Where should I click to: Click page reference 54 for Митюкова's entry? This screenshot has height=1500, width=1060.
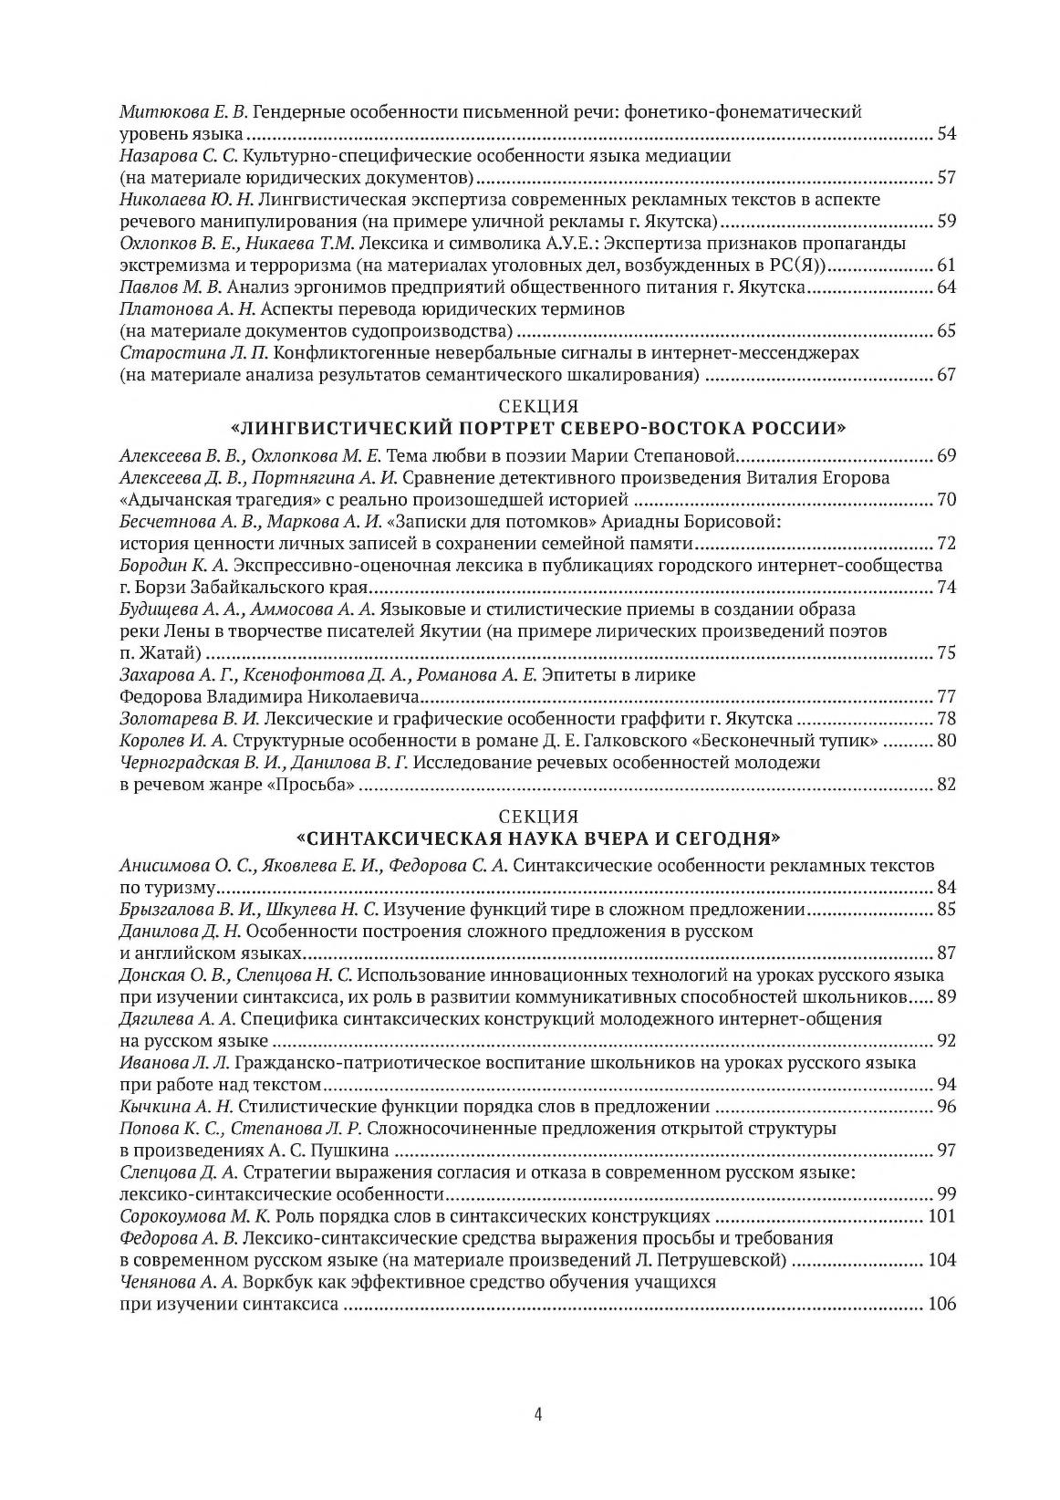click(x=946, y=135)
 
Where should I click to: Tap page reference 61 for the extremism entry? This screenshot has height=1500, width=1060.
click(x=946, y=266)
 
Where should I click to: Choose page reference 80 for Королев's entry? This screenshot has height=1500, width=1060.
click(x=946, y=740)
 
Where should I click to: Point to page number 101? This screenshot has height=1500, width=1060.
click(x=941, y=1216)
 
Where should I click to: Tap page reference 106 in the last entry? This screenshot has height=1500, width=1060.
click(x=941, y=1305)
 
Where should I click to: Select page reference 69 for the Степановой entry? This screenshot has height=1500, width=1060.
click(x=946, y=455)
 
